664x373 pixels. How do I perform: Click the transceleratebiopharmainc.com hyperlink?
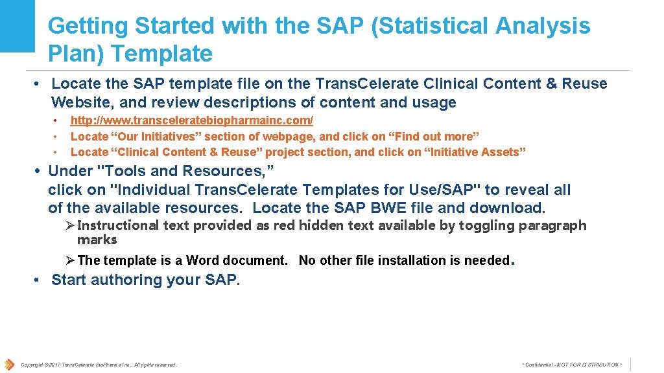click(191, 120)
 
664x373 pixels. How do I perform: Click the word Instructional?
click(117, 225)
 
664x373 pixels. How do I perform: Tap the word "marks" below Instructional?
click(97, 240)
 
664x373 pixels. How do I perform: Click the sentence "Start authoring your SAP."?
click(145, 280)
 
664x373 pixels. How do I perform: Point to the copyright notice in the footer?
click(99, 365)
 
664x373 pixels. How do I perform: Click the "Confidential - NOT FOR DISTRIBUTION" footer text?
click(571, 365)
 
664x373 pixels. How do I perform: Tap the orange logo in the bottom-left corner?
click(9, 365)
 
